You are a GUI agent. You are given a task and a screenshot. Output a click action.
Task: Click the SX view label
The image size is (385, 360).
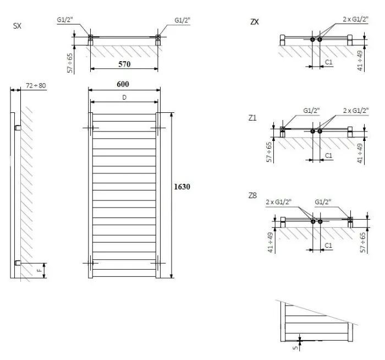tap(17, 26)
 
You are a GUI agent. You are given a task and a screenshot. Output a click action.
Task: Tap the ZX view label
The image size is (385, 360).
tap(254, 22)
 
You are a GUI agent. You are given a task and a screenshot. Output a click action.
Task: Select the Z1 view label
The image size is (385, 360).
tap(252, 118)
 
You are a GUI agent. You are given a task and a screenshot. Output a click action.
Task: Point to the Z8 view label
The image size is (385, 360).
tap(252, 195)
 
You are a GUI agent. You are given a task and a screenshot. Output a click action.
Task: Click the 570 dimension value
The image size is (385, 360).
tap(124, 64)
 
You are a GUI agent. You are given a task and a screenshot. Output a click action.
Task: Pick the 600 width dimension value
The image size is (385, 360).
tap(123, 84)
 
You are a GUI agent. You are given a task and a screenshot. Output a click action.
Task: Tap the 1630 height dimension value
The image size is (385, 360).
tap(182, 187)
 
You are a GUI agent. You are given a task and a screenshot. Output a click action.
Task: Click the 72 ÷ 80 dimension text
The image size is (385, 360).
tap(36, 85)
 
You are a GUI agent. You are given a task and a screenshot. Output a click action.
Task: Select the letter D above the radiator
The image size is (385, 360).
tap(124, 97)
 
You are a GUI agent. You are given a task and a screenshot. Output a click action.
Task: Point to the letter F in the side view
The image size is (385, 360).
tap(39, 271)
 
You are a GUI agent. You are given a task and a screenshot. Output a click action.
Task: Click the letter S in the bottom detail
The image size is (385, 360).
tap(296, 348)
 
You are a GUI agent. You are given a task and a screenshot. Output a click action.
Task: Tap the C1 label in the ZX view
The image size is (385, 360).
tap(328, 62)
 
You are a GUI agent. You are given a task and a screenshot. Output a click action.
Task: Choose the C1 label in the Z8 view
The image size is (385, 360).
tap(328, 246)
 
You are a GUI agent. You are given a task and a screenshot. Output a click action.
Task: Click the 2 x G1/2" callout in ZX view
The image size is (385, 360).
tap(355, 19)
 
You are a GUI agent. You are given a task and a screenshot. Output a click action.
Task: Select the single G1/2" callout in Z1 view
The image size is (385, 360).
tap(311, 111)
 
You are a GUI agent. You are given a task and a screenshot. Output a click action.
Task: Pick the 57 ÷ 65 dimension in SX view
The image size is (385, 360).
tap(70, 63)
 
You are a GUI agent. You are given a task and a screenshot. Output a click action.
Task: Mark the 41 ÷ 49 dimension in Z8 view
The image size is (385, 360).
tap(271, 242)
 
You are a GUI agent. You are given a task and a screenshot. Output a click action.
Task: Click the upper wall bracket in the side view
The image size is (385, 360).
tap(18, 128)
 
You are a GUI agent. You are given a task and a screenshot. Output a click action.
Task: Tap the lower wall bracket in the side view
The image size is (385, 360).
tap(18, 263)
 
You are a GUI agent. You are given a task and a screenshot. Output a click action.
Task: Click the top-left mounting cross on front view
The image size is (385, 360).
tap(91, 128)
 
